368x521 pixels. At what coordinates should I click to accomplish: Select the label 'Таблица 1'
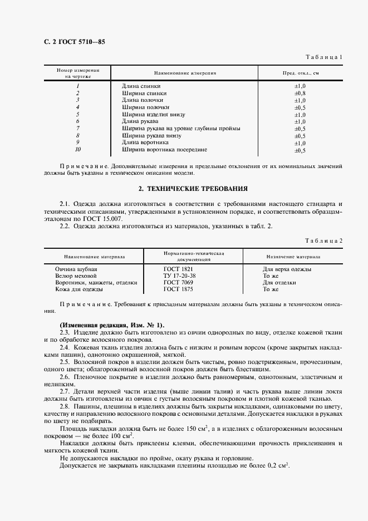pos(325,57)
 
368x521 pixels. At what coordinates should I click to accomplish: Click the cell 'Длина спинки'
pos(141,86)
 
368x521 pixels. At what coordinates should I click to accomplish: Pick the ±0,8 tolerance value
pos(300,93)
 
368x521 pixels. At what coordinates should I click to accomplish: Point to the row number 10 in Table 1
pos(78,150)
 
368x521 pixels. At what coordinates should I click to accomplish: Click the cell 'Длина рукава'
pos(140,121)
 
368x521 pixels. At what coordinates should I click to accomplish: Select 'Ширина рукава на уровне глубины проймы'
pos(181,129)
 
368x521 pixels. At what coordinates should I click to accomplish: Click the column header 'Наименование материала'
pos(94,257)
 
